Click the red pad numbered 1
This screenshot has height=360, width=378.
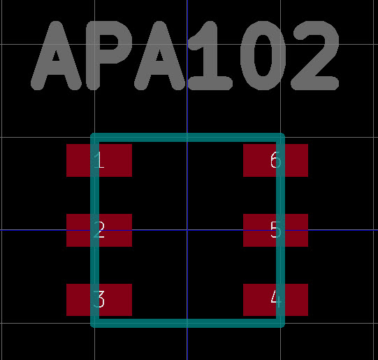[x=99, y=160]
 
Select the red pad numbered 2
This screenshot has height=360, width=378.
[x=99, y=230]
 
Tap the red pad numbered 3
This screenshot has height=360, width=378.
[x=99, y=300]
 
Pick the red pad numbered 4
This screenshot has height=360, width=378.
[x=275, y=300]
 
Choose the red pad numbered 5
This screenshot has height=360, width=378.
[x=275, y=230]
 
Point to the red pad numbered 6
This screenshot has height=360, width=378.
[x=275, y=160]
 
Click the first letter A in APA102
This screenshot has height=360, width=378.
[x=56, y=56]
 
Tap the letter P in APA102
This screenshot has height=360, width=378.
[x=109, y=56]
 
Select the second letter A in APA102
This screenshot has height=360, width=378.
[x=160, y=56]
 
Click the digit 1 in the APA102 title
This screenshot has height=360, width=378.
[x=210, y=56]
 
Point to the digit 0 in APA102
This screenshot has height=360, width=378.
[x=263, y=56]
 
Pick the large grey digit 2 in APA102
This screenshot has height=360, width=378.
[x=315, y=56]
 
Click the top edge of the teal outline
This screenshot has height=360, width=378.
[x=187, y=137]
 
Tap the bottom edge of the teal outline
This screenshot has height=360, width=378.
[x=187, y=323]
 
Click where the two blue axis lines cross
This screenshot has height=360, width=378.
[x=187, y=230]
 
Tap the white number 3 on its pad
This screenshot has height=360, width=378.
[x=99, y=299]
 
